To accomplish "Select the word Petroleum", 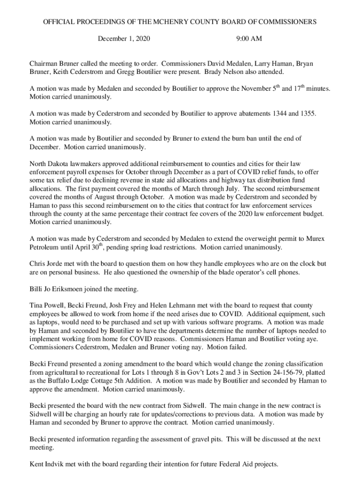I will [x=47, y=247].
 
